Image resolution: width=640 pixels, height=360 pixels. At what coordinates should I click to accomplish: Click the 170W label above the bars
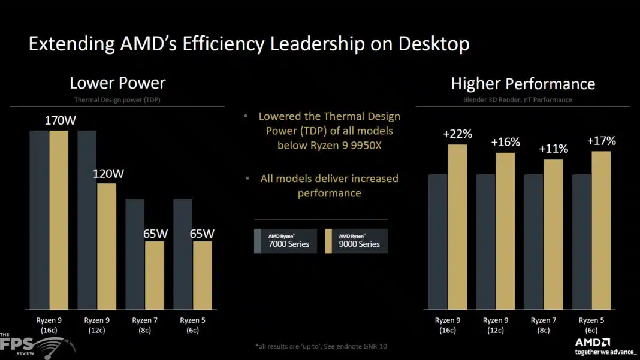[61, 120]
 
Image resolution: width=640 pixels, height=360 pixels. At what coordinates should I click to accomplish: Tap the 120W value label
[108, 174]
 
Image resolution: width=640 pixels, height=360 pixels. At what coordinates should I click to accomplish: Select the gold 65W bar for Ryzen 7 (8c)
[155, 275]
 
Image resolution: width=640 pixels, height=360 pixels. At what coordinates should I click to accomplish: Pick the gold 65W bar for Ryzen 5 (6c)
[203, 275]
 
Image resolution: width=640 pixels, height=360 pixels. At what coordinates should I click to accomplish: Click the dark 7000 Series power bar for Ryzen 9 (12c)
[87, 219]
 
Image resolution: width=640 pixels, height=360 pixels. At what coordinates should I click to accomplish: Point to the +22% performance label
[458, 134]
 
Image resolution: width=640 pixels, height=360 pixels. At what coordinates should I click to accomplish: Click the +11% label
[554, 149]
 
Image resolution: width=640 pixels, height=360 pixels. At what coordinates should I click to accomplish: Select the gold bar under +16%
[505, 231]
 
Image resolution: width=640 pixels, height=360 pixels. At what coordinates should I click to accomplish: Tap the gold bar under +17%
[601, 230]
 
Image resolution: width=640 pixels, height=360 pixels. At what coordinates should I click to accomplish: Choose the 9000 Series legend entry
[356, 241]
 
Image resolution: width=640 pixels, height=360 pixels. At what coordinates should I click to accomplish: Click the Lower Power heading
[117, 83]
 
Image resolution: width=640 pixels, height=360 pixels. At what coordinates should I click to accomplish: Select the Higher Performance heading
[523, 84]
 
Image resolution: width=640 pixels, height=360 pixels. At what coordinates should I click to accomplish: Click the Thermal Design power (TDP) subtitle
[117, 100]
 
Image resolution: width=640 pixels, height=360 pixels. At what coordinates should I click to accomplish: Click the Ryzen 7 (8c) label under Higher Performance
[544, 325]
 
